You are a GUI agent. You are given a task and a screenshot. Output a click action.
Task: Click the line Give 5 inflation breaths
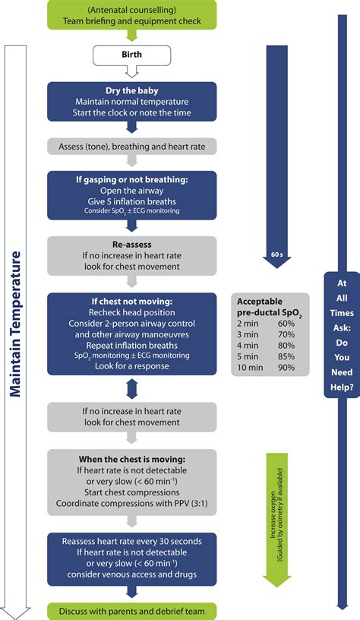tap(132, 200)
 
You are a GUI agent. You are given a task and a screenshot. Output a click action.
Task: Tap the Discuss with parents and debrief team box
tap(131, 610)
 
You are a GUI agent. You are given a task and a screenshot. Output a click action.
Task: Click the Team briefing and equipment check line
tap(132, 21)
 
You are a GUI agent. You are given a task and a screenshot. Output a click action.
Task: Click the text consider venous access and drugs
tap(132, 574)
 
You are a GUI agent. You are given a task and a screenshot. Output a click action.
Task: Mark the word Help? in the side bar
tap(342, 387)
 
